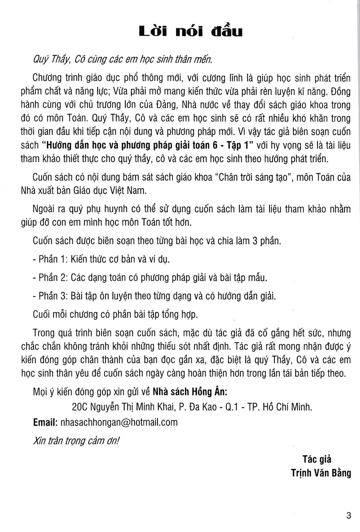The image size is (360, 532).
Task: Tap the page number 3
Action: click(349, 515)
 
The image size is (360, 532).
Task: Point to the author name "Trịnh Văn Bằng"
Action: click(325, 474)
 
